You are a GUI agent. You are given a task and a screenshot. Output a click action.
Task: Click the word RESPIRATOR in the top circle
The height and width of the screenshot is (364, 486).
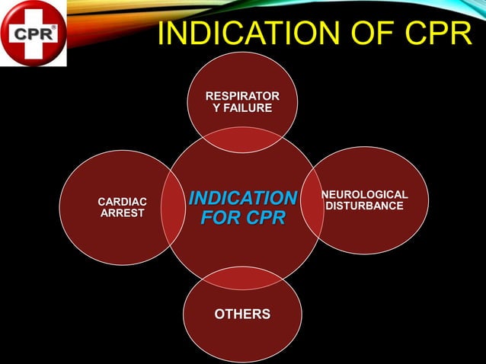click(x=242, y=96)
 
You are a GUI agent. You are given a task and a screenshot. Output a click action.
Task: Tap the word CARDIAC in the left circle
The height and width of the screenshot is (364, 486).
click(x=122, y=201)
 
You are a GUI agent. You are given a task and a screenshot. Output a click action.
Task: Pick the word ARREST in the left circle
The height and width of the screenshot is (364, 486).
click(x=122, y=213)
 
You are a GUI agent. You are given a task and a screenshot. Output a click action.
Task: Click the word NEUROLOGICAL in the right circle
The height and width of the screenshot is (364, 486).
click(x=364, y=194)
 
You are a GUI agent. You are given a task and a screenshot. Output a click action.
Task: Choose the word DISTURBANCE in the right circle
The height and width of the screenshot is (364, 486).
click(x=364, y=206)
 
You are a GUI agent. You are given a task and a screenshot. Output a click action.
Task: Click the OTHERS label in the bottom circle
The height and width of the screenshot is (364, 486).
click(x=241, y=314)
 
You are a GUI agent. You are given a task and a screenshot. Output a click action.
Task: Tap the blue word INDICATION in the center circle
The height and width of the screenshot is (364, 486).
click(x=242, y=199)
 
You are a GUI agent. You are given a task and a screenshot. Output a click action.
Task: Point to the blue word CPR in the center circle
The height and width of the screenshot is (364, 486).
click(x=264, y=219)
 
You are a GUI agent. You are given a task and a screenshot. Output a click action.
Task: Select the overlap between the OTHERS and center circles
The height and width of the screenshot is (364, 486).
click(x=242, y=277)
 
